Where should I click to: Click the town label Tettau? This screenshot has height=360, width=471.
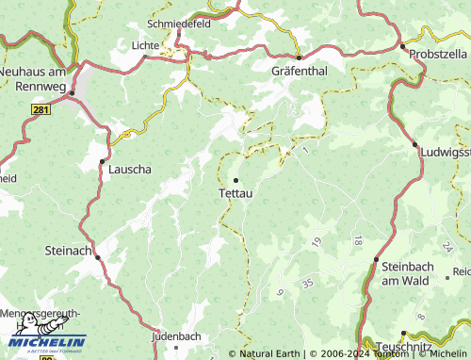pos(235,193)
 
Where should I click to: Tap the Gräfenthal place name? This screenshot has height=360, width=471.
pos(298,71)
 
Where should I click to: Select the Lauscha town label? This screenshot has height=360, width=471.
pos(130,171)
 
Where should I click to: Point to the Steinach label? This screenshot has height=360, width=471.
pos(69,251)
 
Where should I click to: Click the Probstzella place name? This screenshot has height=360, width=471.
pos(439,54)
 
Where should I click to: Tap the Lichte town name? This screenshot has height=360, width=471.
pos(146,44)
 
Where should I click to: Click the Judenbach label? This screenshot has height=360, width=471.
pos(176,335)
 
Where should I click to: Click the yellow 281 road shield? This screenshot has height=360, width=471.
pos(41,110)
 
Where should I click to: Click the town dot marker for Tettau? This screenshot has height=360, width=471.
pos(235,180)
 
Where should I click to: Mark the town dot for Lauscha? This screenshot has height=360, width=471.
pos(103,161)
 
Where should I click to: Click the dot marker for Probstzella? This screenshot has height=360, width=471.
pos(402,46)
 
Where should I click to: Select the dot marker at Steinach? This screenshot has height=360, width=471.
pos(96,251)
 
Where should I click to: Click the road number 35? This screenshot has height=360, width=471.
pos(307,283)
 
